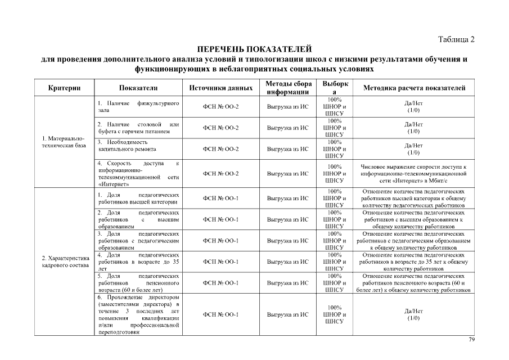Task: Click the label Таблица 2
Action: pos(456,39)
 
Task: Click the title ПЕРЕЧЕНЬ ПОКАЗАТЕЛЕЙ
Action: pos(254,49)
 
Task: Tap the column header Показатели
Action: pos(138,88)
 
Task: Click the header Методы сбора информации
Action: pos(288,88)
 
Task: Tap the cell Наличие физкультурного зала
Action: pos(138,107)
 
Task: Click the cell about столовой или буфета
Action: pos(138,128)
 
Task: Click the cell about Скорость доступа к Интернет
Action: pos(138,173)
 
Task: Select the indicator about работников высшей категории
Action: pos(138,198)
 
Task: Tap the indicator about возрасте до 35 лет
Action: pos(138,262)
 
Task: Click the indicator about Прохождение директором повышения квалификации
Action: pos(138,314)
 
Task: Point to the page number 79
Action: pos(472,340)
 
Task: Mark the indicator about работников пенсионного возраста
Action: pos(138,283)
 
